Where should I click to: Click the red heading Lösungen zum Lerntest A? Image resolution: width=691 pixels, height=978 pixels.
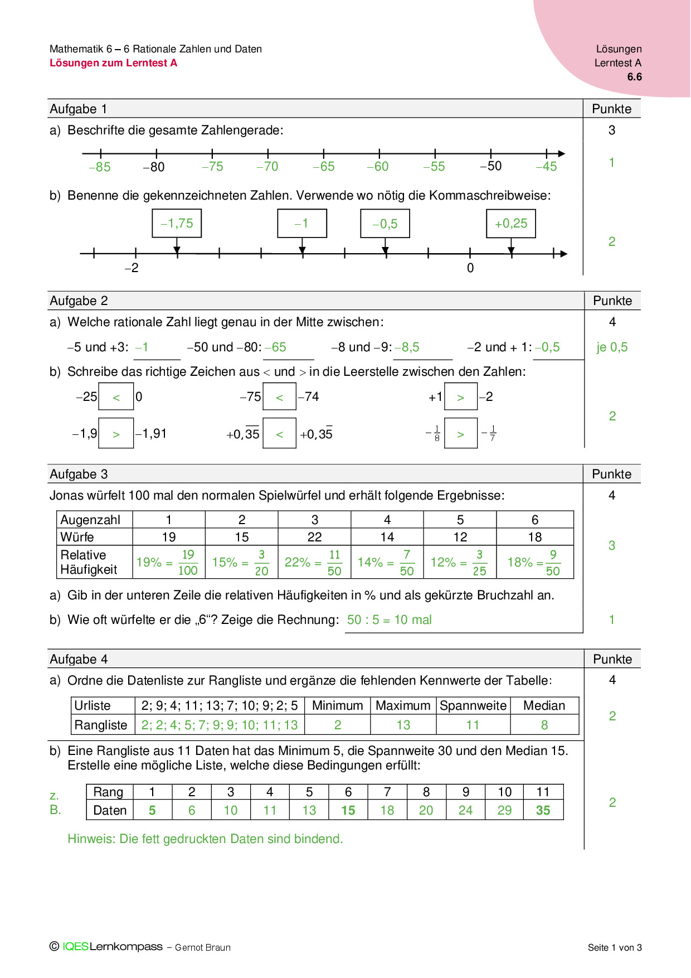(113, 63)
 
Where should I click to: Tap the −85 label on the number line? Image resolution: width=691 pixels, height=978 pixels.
(100, 167)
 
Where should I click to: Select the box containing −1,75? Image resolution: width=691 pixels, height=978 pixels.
(177, 224)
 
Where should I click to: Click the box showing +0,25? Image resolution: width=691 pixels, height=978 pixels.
(511, 224)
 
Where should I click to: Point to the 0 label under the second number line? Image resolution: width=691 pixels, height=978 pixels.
(470, 268)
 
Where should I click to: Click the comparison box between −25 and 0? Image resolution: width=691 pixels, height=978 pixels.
(116, 397)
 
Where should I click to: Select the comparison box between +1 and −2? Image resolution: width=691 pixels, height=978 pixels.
(460, 397)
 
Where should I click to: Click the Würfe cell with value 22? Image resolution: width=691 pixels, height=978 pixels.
(314, 537)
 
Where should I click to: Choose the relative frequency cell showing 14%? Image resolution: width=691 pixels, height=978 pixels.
(387, 562)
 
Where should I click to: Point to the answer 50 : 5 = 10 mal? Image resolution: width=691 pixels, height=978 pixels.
(389, 620)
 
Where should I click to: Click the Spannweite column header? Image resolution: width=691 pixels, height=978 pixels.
(473, 706)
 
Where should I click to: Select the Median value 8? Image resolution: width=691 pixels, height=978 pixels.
(544, 725)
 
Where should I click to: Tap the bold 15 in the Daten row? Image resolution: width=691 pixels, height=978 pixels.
(348, 811)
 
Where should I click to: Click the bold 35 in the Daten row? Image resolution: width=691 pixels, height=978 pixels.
(543, 811)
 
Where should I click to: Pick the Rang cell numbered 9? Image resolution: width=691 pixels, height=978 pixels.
(465, 792)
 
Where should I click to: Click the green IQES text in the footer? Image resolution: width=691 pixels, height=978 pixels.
(76, 947)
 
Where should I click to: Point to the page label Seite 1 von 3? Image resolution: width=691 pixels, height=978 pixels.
(615, 947)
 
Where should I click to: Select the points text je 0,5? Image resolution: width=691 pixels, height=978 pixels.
(612, 347)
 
